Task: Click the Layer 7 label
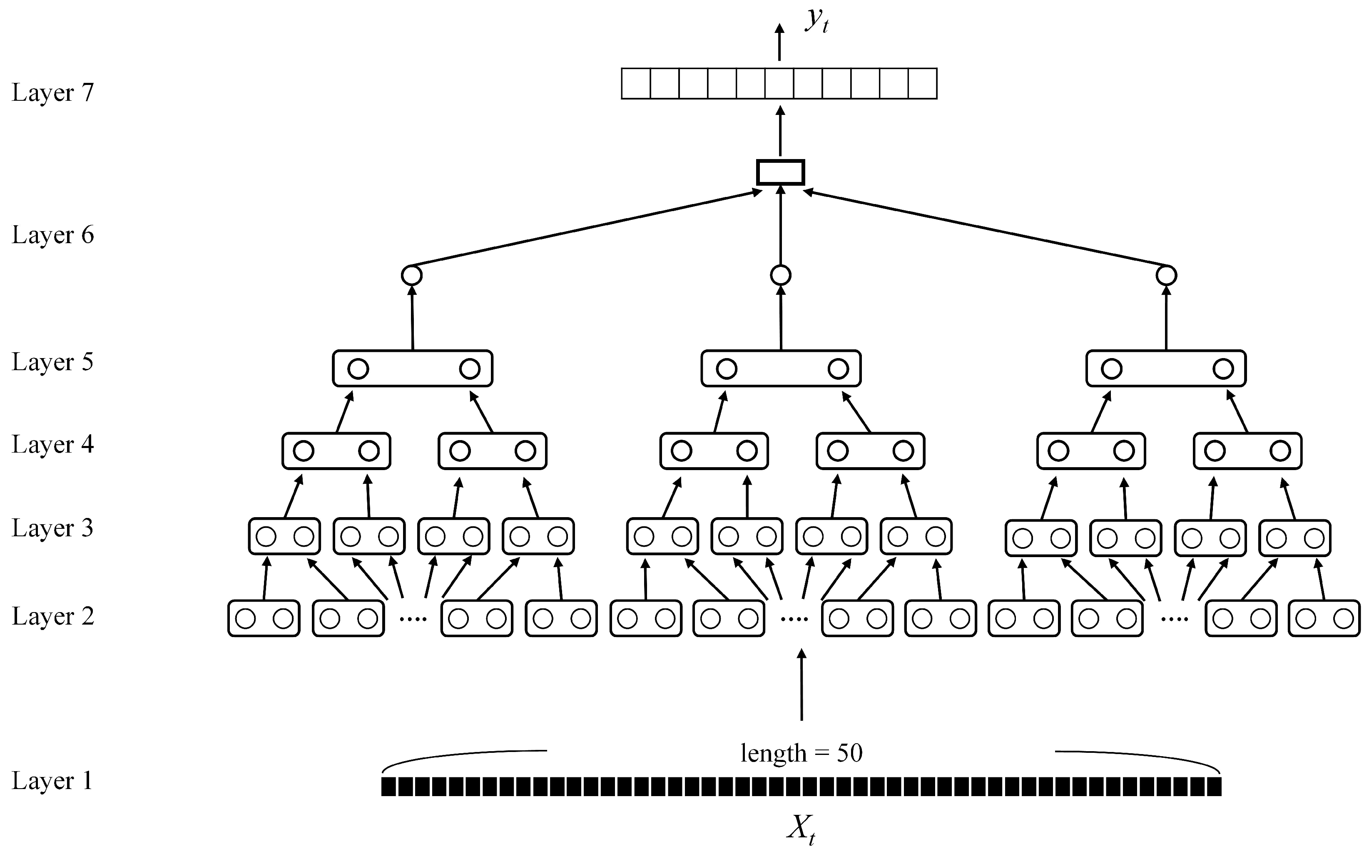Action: coord(52,92)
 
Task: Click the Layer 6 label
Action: coord(52,235)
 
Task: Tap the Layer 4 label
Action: coord(52,445)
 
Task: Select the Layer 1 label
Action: coord(52,781)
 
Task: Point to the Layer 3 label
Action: coord(52,528)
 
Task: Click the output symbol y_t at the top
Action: coord(816,22)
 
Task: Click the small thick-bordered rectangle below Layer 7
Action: coord(781,172)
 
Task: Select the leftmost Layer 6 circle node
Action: coord(412,276)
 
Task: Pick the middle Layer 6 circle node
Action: coord(781,276)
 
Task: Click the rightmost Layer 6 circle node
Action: coord(1166,276)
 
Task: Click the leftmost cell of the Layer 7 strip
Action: coord(636,84)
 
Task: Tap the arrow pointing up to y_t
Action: coord(779,42)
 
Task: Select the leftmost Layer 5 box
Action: coord(412,368)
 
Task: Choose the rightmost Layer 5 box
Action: coord(1166,368)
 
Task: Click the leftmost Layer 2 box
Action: coord(264,618)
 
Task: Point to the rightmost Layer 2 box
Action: coord(1324,618)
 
